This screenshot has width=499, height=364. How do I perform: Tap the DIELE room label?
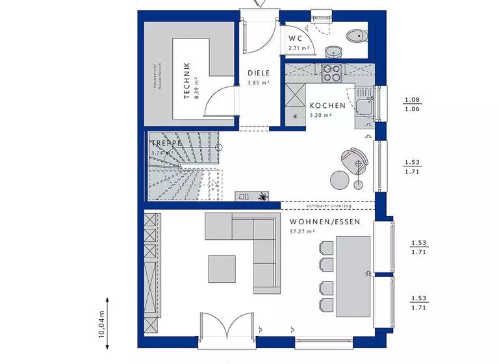(258, 73)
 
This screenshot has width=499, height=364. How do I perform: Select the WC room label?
(296, 38)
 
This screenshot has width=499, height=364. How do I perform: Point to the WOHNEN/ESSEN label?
(316, 221)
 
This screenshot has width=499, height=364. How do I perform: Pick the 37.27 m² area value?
(302, 231)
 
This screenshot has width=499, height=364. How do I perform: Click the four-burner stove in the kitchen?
(331, 73)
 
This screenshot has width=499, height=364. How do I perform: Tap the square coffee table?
(222, 268)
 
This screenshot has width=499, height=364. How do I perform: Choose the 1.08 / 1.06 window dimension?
(412, 105)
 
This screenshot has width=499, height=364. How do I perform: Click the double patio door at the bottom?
(225, 328)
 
